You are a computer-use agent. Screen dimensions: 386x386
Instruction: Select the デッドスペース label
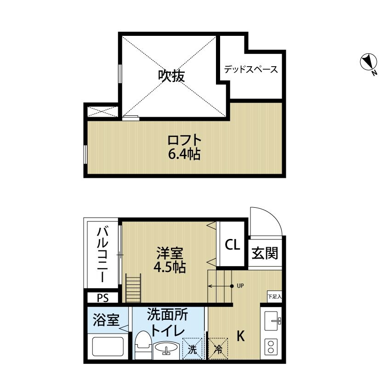[x=251, y=70]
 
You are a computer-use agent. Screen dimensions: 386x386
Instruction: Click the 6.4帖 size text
[x=184, y=154]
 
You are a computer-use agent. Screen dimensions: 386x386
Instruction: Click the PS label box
[x=102, y=298]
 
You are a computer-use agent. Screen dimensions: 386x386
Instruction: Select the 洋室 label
[x=170, y=253]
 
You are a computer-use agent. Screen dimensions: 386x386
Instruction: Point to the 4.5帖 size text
[x=170, y=267]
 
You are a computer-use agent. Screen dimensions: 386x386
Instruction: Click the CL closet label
[x=232, y=245]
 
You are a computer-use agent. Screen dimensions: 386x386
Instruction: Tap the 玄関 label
[x=266, y=253]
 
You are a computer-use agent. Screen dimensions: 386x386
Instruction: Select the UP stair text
[x=240, y=286]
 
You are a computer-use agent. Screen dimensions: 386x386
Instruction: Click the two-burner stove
[x=271, y=347]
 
